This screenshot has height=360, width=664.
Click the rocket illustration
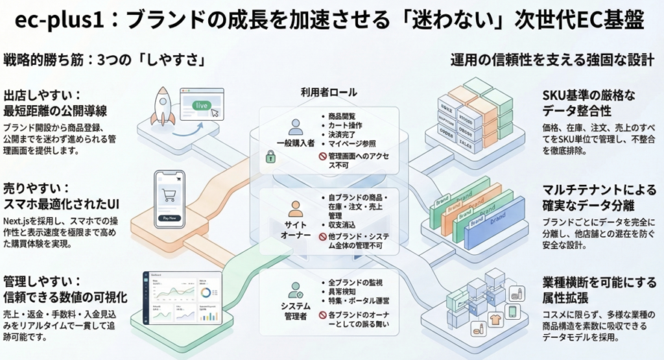pos(163,107)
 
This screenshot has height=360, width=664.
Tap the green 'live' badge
pos(202,104)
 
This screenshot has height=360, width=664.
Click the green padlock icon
pos(270,156)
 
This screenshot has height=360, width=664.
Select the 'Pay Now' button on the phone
pos(170,218)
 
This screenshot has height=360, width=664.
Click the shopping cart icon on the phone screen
pos(170,194)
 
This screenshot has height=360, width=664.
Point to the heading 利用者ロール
pos(329,93)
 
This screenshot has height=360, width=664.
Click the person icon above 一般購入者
pos(296,126)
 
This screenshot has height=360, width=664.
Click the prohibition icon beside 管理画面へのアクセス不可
pos(322,156)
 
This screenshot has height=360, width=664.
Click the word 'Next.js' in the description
pos(19,221)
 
